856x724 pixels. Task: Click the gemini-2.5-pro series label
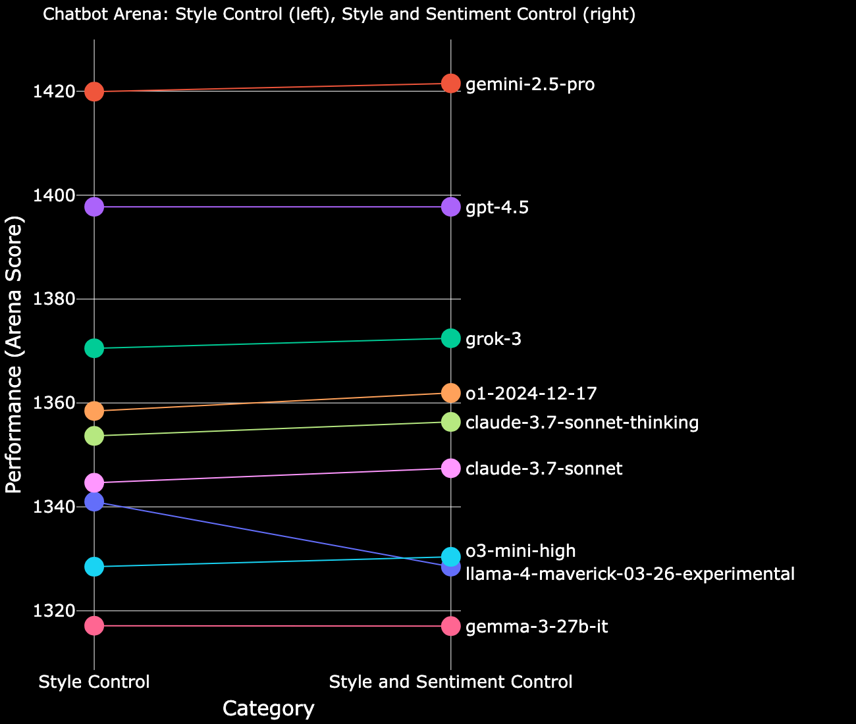pyautogui.click(x=530, y=85)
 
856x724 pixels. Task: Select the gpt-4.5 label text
pyautogui.click(x=497, y=208)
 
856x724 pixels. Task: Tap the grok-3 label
pyautogui.click(x=493, y=340)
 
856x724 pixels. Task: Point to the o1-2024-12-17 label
pyautogui.click(x=531, y=394)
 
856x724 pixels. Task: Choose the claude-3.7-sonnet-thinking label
pyautogui.click(x=581, y=423)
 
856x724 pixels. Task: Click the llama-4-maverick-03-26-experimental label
pyautogui.click(x=629, y=574)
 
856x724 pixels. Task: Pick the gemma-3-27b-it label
pyautogui.click(x=537, y=627)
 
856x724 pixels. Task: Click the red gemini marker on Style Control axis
pyautogui.click(x=94, y=91)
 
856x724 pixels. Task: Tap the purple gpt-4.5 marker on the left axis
pyautogui.click(x=94, y=207)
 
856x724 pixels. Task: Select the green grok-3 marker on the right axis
pyautogui.click(x=450, y=338)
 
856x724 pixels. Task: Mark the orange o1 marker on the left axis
pyautogui.click(x=94, y=411)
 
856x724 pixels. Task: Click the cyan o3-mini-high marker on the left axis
pyautogui.click(x=94, y=567)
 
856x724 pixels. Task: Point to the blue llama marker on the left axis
pyautogui.click(x=94, y=502)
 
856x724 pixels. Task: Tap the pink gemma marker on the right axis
pyautogui.click(x=450, y=626)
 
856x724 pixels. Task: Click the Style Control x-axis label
pyautogui.click(x=94, y=683)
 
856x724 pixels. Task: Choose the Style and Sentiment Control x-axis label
pyautogui.click(x=450, y=683)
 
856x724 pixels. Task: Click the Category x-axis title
pyautogui.click(x=268, y=709)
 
